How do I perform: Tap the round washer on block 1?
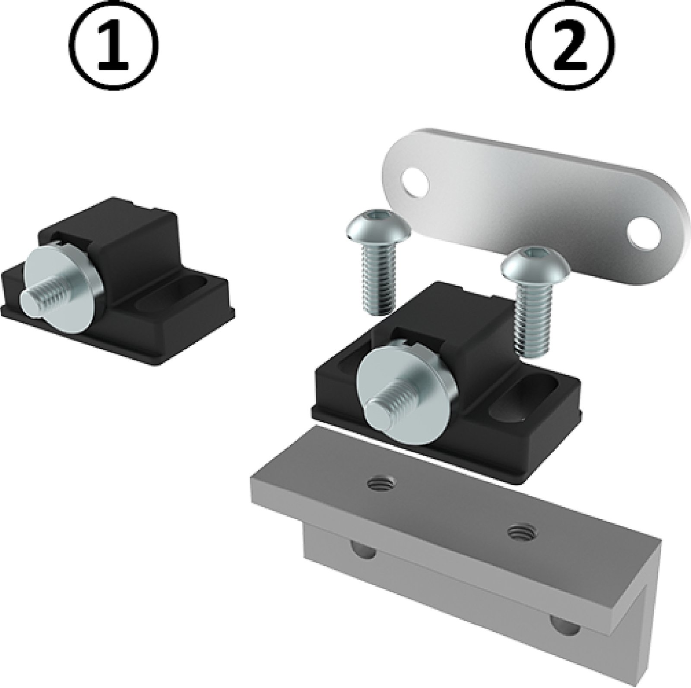pos(65,285)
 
